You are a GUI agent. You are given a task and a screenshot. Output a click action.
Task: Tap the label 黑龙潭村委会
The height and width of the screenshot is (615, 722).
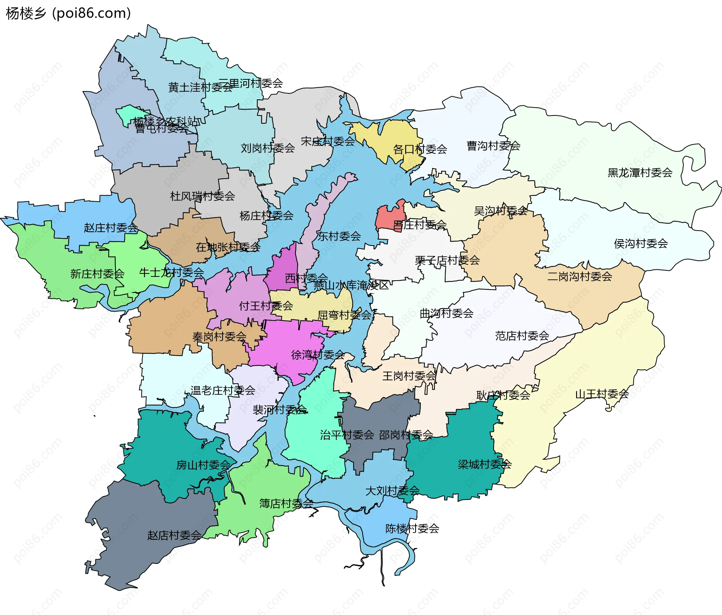pos(640,173)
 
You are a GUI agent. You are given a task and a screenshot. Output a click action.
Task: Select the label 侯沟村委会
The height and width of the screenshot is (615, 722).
pos(641,243)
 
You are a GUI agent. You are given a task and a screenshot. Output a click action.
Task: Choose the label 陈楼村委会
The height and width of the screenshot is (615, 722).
pos(412,528)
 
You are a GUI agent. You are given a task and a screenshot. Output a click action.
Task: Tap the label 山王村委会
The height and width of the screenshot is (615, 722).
pos(602,394)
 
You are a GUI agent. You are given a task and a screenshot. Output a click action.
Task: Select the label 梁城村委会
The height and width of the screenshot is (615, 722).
pos(485,464)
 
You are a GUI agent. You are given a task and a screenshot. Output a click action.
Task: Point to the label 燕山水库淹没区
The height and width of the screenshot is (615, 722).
pos(351,285)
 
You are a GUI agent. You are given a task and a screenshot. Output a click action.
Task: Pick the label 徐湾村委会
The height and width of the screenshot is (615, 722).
pos(318,354)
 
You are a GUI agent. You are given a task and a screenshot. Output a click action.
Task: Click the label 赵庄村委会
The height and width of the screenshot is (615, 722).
pos(111,228)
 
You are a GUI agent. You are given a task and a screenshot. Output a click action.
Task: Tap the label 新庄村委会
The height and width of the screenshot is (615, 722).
pos(97,273)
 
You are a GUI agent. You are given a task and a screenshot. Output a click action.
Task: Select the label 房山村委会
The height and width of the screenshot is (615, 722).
pos(203,465)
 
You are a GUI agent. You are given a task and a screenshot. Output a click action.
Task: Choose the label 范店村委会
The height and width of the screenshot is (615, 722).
pos(522,336)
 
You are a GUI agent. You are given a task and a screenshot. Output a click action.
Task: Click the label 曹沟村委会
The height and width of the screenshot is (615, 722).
pos(493,146)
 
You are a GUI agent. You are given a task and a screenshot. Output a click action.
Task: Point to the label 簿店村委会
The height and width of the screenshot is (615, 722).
pos(286,503)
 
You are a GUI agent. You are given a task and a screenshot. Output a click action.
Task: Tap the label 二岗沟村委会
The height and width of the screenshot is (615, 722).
pos(579,276)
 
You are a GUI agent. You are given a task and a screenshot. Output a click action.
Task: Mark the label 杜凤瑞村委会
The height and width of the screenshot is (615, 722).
pos(203,196)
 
